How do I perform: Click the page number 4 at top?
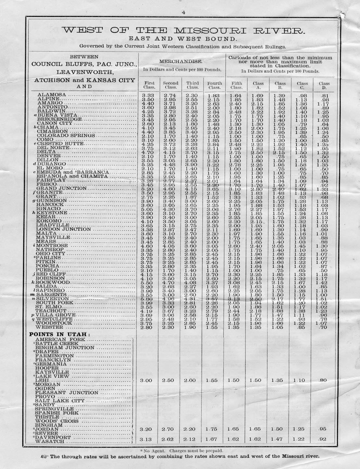[183, 13]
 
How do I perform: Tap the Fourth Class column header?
[214, 85]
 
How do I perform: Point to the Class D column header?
[324, 85]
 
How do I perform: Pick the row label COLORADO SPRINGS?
[66, 135]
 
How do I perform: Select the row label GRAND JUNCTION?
[61, 188]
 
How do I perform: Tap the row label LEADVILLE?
[53, 225]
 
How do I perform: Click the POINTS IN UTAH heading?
[59, 334]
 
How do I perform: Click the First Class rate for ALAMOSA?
[148, 95]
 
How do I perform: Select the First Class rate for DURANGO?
[148, 164]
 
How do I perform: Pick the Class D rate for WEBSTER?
[324, 327]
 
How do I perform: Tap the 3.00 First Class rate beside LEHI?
[148, 380]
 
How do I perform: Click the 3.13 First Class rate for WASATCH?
[148, 439]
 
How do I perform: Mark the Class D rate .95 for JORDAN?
[323, 429]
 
